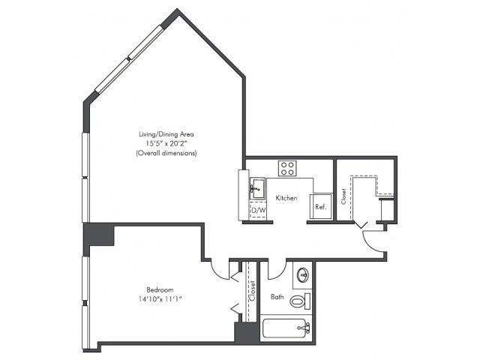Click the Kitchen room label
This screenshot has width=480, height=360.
pyautogui.click(x=286, y=198)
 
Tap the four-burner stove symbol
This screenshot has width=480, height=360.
pyautogui.click(x=287, y=168)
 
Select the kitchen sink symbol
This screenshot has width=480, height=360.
pyautogui.click(x=257, y=188)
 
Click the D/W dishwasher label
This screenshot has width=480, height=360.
pyautogui.click(x=258, y=211)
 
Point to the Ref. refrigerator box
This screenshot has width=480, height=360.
pyautogui.click(x=320, y=206)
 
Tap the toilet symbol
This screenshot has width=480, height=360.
pyautogui.click(x=300, y=301)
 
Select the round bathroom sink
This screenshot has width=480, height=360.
pyautogui.click(x=303, y=275)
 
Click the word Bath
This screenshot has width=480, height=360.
pyautogui.click(x=277, y=297)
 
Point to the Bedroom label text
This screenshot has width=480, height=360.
pyautogui.click(x=160, y=289)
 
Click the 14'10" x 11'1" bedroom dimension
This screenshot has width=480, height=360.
pyautogui.click(x=160, y=299)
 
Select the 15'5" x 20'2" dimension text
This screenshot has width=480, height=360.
pyautogui.click(x=166, y=143)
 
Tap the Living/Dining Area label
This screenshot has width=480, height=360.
pyautogui.click(x=166, y=134)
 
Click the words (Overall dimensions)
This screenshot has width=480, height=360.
pyautogui.click(x=166, y=153)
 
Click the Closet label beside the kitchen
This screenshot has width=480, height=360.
pyautogui.click(x=343, y=196)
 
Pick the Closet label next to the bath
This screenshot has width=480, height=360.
pyautogui.click(x=252, y=291)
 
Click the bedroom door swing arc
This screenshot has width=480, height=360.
pyautogui.click(x=217, y=273)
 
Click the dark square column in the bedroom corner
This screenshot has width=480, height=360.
pyautogui.click(x=99, y=235)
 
